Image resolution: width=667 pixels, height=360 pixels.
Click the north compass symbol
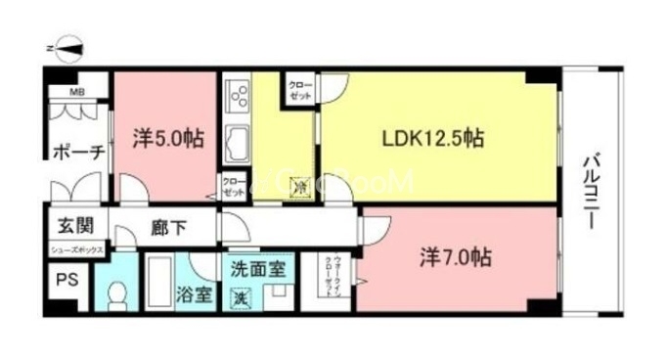click(68, 47)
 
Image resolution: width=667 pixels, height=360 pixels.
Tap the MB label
click(75, 94)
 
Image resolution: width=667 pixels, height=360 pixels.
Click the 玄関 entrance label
click(74, 226)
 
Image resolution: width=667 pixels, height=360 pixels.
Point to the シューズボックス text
click(75, 250)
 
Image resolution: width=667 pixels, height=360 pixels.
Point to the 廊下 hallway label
click(168, 228)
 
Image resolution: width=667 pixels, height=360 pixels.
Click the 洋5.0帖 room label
click(168, 138)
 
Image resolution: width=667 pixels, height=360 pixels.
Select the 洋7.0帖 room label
click(455, 258)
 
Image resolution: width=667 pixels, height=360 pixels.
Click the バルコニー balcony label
click(591, 191)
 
